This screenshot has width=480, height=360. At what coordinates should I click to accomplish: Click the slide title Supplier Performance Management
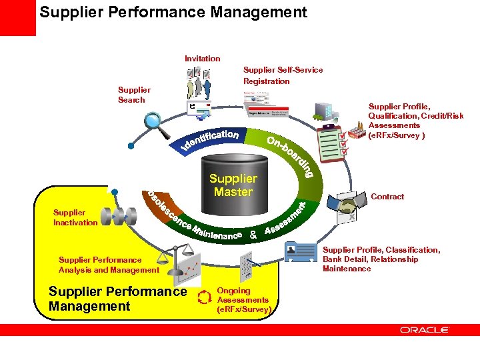click(173, 12)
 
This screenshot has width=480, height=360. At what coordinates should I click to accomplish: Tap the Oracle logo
click(425, 329)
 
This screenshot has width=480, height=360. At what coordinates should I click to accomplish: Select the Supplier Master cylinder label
click(233, 185)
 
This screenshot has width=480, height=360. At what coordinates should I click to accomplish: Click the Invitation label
click(202, 59)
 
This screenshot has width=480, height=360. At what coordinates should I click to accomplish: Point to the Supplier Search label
click(134, 95)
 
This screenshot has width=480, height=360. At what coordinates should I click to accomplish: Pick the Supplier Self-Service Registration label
click(283, 75)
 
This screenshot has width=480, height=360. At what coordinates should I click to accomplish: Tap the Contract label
click(387, 197)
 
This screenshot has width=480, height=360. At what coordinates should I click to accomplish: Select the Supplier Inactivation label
click(75, 217)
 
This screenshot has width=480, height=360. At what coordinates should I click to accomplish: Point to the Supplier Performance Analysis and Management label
click(109, 265)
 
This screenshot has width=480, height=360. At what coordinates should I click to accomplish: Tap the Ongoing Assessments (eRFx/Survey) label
click(243, 300)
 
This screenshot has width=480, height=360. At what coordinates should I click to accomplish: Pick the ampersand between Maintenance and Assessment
click(253, 235)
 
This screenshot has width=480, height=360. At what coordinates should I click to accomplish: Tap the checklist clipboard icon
click(331, 141)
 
